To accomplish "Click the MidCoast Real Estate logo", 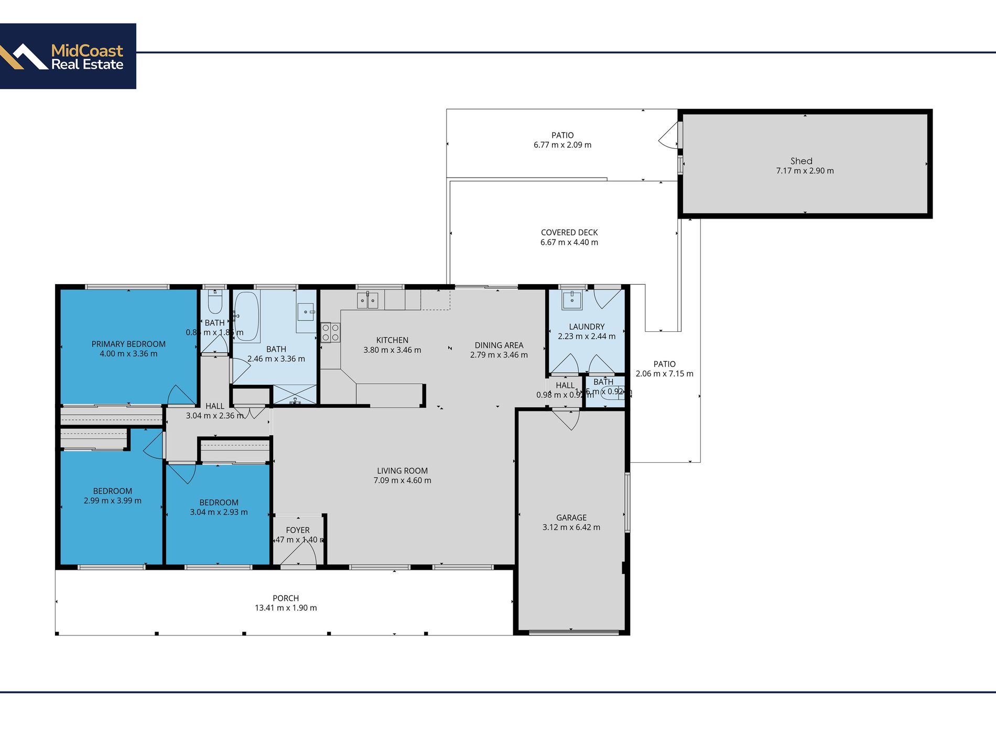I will coord(68,56).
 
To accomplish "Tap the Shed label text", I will coord(801,161).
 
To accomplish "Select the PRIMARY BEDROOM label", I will coord(128,344).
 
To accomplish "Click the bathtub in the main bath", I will coord(246,316).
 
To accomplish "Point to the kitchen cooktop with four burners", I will coord(330,332).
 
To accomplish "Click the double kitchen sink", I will coord(367,300).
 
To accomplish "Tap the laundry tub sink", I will coord(571,300).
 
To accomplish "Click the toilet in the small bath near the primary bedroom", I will coord(215,302).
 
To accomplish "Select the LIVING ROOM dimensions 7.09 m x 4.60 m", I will coord(402,480).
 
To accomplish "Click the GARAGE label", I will coord(571,517).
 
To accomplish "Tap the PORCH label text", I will coord(286,598).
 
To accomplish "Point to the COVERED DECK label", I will coord(569,232).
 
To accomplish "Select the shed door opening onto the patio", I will coord(669,136).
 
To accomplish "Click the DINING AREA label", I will coord(499,345).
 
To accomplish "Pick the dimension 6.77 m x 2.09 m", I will coord(562,145).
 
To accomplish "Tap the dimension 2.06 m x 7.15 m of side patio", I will coord(664,374).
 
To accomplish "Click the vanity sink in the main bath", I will coord(306,312).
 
